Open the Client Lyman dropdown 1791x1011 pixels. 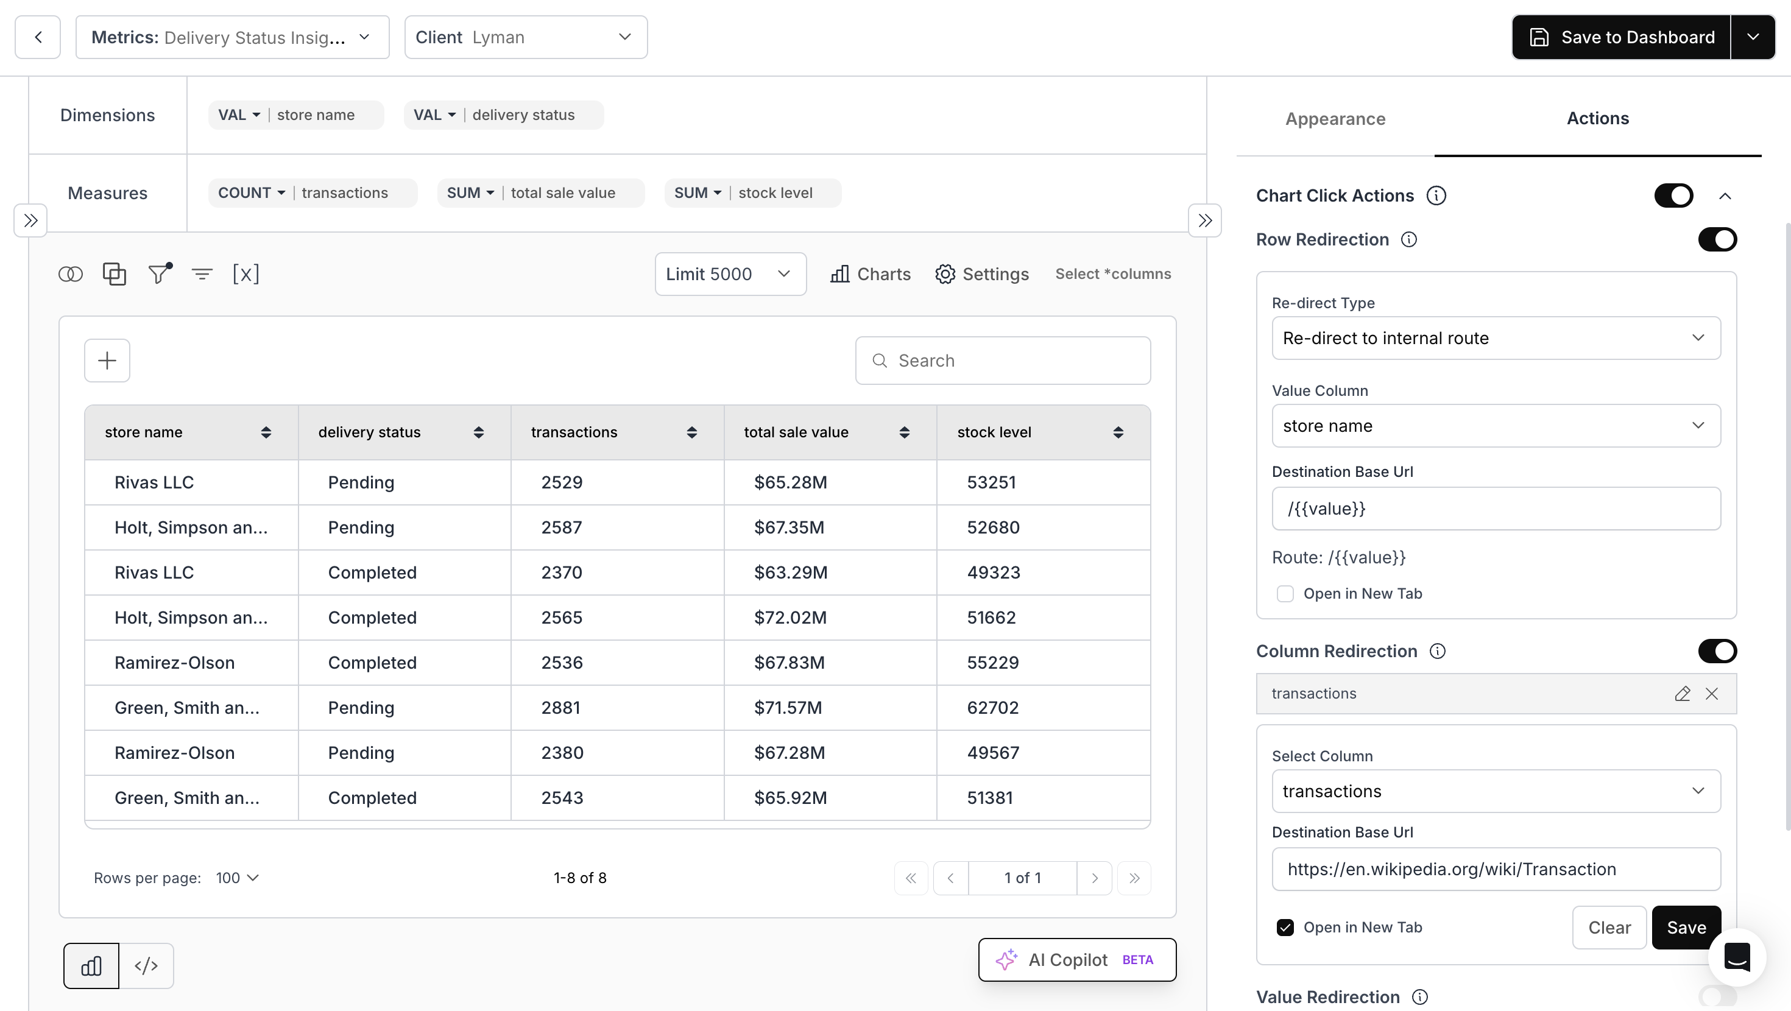click(x=526, y=38)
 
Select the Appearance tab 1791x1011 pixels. click(x=1335, y=119)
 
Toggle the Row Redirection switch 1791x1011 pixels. click(x=1717, y=240)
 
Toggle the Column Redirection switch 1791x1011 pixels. click(x=1717, y=652)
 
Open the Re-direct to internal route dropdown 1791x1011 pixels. click(x=1496, y=339)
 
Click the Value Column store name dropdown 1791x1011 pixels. click(x=1496, y=426)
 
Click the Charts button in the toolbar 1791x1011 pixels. click(x=871, y=275)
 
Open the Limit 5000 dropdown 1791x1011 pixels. click(x=730, y=275)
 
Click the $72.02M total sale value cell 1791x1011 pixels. click(x=791, y=618)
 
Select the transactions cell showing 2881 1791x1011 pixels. click(x=560, y=708)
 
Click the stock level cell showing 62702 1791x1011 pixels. click(x=992, y=708)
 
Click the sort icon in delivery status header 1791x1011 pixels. click(x=478, y=432)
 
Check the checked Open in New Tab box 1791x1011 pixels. click(x=1285, y=928)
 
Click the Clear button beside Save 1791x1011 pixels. click(x=1609, y=928)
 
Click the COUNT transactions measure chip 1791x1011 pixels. click(x=312, y=193)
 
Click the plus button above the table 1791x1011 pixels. click(x=107, y=361)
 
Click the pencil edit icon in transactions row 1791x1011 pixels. click(x=1682, y=694)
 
